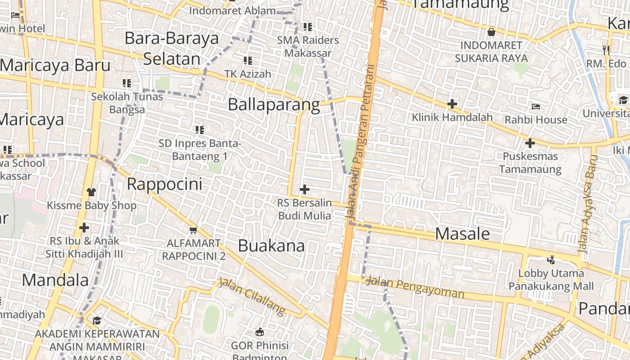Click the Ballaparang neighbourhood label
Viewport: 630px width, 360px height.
coord(274,105)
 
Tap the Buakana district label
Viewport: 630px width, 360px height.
coord(271,246)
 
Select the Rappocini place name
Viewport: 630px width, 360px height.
coord(164,184)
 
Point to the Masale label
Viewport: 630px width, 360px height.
coord(463,234)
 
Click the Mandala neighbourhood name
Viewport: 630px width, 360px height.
coord(55,280)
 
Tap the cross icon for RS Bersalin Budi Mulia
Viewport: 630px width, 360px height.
coord(305,189)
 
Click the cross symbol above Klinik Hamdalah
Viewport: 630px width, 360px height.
coord(452,104)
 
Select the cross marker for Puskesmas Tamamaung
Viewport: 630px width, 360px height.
coord(530,144)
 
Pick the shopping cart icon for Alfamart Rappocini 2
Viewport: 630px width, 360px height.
coord(193,230)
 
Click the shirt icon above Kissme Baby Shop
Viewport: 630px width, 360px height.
coord(91,192)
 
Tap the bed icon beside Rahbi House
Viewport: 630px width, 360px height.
coord(536,107)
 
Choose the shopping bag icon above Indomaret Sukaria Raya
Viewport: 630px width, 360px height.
coord(491,32)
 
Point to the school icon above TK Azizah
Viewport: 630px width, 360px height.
coord(247,60)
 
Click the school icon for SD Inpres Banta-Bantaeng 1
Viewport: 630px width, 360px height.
coord(200,130)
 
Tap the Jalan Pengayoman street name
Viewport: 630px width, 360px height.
coord(414,288)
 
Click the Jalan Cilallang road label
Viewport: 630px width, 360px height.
coord(252,296)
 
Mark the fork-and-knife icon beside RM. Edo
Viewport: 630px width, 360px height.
coord(606,50)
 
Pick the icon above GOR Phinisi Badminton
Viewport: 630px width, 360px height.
coord(260,333)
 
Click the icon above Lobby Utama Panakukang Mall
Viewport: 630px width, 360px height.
coord(551,260)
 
